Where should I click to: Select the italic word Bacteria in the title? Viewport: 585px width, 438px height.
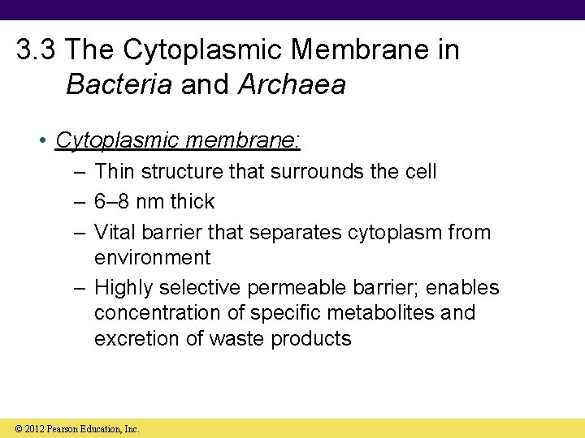pos(119,84)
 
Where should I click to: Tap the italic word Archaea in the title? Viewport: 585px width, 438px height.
pos(292,84)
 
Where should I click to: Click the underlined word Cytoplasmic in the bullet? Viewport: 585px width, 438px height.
pos(117,140)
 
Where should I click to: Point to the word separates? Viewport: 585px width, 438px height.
pos(295,233)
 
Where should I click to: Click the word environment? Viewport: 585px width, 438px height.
pos(152,258)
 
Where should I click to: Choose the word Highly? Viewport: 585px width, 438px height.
pos(124,288)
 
